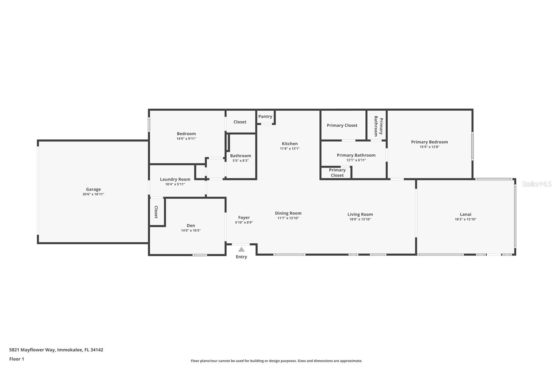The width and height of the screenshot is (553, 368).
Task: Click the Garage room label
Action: (93, 189)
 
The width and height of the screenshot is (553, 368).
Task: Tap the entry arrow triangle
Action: (241, 250)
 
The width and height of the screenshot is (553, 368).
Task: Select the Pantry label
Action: (265, 116)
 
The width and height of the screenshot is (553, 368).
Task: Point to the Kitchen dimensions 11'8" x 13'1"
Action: (290, 149)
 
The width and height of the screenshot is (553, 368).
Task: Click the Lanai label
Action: (465, 214)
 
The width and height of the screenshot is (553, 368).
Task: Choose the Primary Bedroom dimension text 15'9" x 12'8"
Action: (429, 147)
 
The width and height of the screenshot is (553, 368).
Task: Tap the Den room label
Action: (191, 225)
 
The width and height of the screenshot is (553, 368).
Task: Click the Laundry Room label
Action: (175, 179)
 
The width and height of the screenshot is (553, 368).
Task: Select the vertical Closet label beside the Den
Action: (156, 212)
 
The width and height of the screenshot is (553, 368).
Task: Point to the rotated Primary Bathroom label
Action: (378, 126)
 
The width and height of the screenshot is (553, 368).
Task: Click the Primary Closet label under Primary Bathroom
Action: (337, 173)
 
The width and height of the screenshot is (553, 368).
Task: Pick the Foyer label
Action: (244, 217)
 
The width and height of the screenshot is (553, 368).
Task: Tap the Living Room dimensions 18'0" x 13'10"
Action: (360, 219)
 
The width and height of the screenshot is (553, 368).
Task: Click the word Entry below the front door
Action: (241, 257)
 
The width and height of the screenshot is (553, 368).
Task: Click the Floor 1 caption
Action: (17, 359)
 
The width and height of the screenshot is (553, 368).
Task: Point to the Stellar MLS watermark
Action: (536, 184)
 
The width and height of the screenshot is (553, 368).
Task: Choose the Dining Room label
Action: (288, 213)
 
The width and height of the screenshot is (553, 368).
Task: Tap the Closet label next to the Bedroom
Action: (240, 122)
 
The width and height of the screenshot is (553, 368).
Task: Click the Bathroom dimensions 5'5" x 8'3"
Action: (241, 161)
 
